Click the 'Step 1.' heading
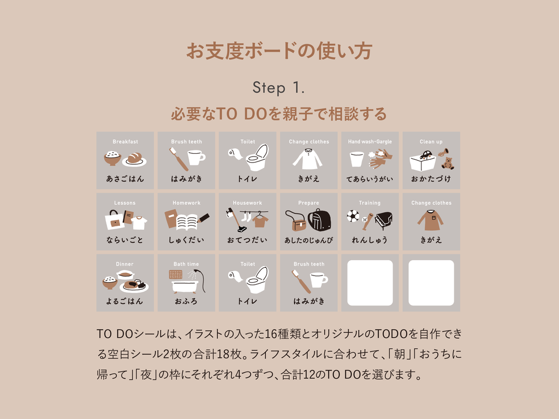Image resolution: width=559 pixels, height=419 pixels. point(278,88)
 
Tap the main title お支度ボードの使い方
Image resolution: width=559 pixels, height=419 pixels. point(279,51)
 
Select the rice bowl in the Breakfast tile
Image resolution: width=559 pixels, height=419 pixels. point(112,158)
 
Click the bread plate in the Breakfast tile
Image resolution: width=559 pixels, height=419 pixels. point(134,160)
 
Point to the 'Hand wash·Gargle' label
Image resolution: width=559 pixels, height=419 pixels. point(370,141)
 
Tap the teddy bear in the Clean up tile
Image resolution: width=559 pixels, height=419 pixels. point(448,163)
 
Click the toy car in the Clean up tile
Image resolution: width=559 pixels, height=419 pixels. point(426,154)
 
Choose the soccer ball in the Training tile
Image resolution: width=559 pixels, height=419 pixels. point(353,216)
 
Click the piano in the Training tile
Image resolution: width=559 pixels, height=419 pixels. point(384,219)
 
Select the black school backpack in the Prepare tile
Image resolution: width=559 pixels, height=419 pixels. point(319,220)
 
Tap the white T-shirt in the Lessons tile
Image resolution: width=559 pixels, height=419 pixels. point(139,223)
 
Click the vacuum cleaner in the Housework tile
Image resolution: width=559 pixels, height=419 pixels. point(235,220)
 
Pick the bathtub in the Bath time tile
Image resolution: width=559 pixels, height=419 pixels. point(185,286)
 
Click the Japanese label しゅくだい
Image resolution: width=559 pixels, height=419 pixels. point(186,240)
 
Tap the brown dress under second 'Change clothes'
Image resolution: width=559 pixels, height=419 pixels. point(431,220)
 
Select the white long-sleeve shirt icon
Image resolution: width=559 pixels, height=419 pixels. point(308,159)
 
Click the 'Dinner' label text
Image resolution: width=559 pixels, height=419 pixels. point(124,264)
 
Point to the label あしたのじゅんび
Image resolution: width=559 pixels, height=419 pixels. point(309,240)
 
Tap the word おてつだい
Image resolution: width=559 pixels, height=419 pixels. point(247,240)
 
